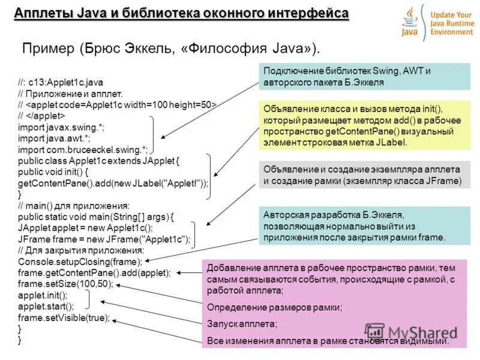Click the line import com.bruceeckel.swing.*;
[x=83, y=149]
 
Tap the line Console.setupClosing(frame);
[x=80, y=262]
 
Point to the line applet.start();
[x=43, y=306]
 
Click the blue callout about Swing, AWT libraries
[x=362, y=76]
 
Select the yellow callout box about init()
[x=362, y=125]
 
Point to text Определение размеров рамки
[x=274, y=308]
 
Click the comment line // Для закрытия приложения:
[x=81, y=250]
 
